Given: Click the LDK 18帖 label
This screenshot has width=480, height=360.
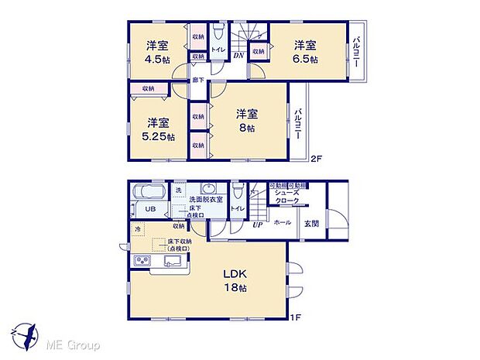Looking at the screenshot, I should (x=237, y=281).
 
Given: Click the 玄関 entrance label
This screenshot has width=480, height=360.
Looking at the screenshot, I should (x=312, y=223).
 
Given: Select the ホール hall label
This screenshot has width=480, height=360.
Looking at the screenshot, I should (x=282, y=223).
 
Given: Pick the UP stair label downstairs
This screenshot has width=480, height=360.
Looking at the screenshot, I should (x=258, y=225).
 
